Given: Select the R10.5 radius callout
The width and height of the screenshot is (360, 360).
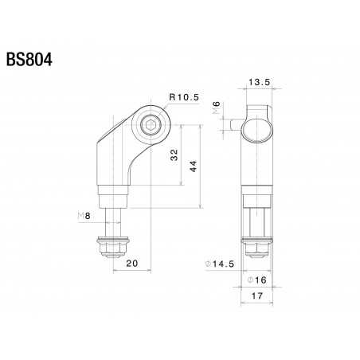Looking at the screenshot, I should click(x=182, y=98).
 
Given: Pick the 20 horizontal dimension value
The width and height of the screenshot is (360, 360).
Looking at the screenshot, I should click(x=131, y=263).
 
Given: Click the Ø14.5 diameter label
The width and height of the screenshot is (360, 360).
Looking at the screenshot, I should click(x=218, y=264).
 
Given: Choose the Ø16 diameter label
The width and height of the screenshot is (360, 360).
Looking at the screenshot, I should click(x=256, y=280).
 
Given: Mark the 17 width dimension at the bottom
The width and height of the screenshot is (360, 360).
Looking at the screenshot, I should click(x=256, y=297).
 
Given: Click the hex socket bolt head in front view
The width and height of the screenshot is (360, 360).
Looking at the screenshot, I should click(x=151, y=125).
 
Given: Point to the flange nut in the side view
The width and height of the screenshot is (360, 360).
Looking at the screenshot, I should click(x=256, y=249).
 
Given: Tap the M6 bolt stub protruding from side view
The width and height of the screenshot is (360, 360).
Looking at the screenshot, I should click(x=233, y=125).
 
